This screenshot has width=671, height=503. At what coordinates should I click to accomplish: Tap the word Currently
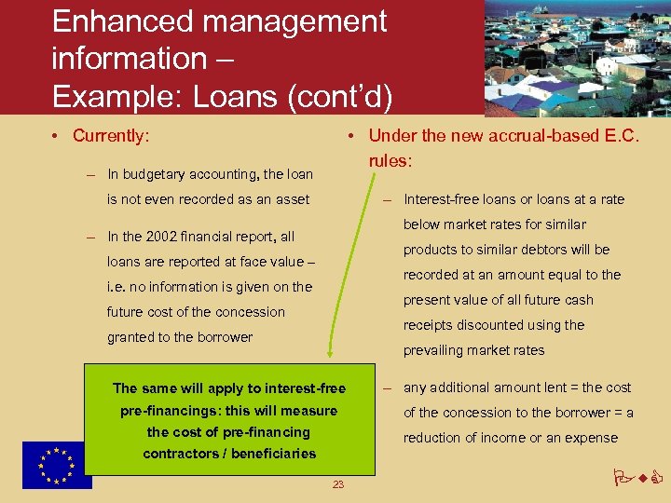click(x=110, y=136)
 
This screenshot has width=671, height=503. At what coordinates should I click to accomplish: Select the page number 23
click(x=338, y=484)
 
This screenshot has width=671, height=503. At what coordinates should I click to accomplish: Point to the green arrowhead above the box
click(x=329, y=349)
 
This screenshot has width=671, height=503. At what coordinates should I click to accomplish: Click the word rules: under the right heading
click(x=390, y=161)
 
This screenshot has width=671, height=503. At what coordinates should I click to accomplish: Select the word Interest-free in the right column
click(x=441, y=199)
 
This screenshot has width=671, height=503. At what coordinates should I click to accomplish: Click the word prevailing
click(x=434, y=350)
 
